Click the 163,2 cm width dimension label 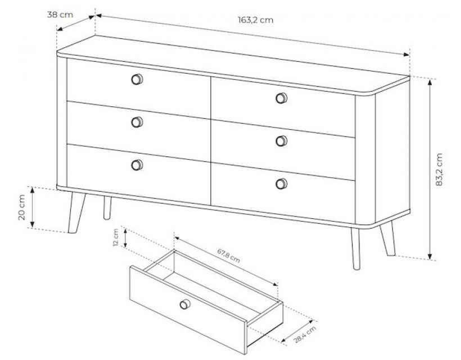(255, 20)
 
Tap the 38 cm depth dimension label (60, 15)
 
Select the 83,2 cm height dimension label (439, 169)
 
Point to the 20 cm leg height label (22, 208)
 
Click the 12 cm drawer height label (116, 237)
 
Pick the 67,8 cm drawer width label (228, 255)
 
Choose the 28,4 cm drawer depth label (305, 335)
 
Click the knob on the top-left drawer (137, 79)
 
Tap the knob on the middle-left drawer (137, 122)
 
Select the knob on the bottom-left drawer (137, 165)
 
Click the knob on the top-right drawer (281, 98)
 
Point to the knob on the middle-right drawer (281, 141)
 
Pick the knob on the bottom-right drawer (281, 184)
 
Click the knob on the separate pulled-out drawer (185, 304)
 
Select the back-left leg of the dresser (107, 208)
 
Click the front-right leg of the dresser (356, 249)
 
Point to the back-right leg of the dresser (387, 238)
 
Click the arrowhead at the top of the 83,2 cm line (430, 82)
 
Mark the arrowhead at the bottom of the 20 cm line (33, 224)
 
